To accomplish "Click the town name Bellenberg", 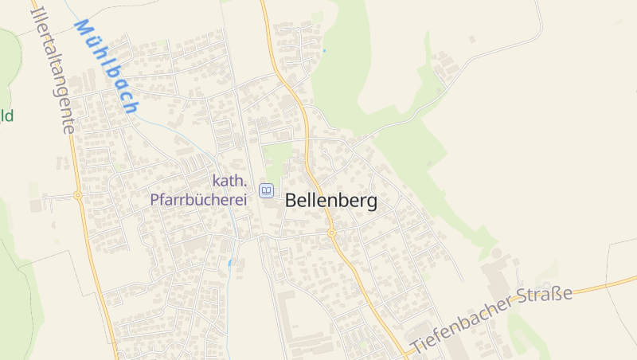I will pos(330,201).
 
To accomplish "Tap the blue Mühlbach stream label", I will pos(107,66).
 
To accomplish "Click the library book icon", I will pos(266,190).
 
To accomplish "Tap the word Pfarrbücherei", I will pos(198,199).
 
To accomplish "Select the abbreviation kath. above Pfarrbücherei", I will pos(229,181).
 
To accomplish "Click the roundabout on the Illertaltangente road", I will pos(77,194).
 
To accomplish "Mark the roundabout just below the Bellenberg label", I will pos(330,233).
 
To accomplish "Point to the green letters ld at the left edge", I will pos(6,116).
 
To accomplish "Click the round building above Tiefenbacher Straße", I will pos(498,252).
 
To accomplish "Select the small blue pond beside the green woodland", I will pos(324,51).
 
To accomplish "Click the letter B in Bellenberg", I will pos(291,202).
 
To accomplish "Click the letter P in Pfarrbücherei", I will pos(155,199).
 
